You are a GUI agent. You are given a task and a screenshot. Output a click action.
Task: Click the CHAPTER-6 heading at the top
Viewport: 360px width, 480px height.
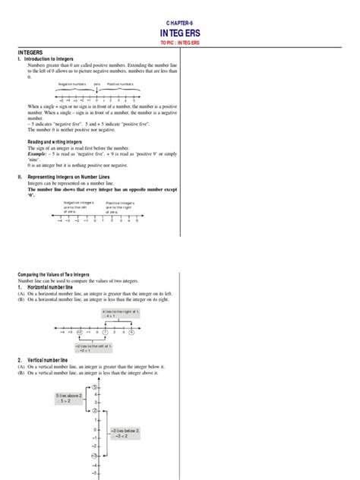180,24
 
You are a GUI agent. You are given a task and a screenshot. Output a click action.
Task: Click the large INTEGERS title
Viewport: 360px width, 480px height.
180,36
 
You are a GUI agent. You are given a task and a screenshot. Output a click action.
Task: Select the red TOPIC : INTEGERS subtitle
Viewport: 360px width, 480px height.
180,47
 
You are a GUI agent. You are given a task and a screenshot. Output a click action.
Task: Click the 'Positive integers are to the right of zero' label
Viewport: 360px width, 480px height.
121,207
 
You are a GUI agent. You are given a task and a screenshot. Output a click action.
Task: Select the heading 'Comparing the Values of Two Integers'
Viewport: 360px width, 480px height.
59,273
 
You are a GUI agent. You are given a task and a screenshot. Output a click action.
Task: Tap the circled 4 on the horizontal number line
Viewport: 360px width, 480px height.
131,331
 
